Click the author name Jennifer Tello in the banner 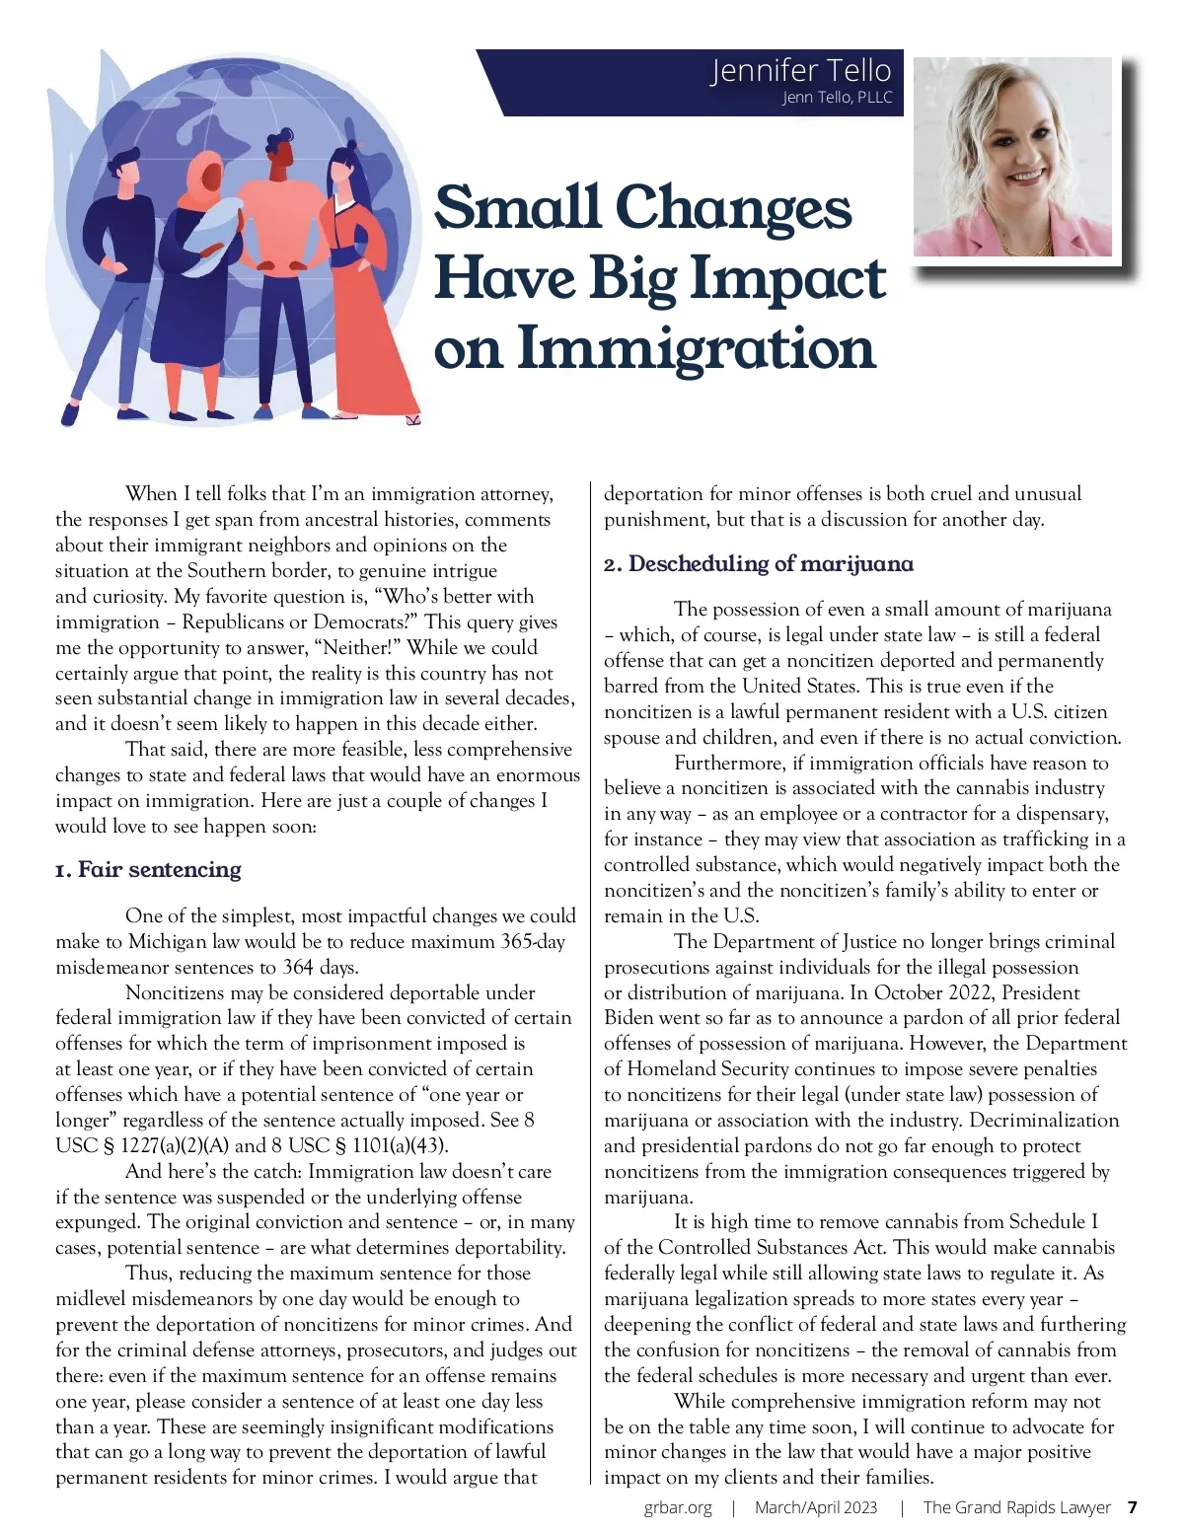click(x=800, y=71)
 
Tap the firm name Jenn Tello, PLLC click(x=837, y=98)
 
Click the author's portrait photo click(x=1012, y=157)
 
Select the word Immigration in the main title click(x=697, y=349)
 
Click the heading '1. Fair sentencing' click(x=148, y=869)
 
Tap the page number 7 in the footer click(x=1132, y=1507)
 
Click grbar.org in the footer click(x=678, y=1507)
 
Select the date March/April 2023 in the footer click(x=815, y=1507)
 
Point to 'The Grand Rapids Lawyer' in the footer click(x=1016, y=1507)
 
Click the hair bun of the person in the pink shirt click(x=285, y=134)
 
